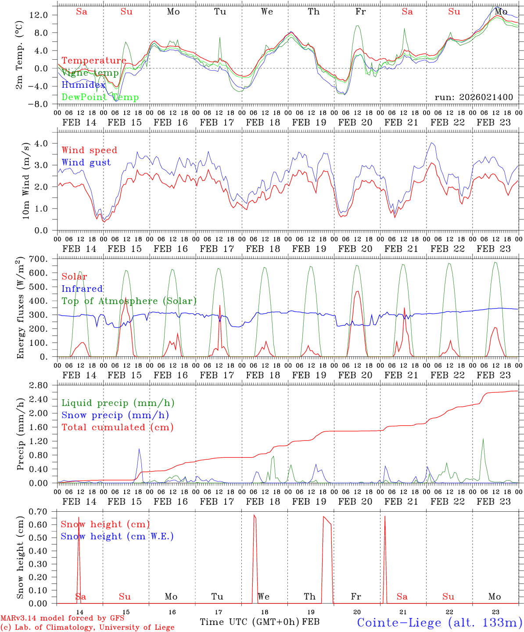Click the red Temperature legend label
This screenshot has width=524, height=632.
tap(94, 61)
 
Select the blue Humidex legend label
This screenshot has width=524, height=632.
tap(83, 85)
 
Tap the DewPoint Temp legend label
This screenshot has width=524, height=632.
tap(100, 97)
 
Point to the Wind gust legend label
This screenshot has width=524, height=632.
tap(86, 162)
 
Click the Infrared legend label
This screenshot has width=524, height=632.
tap(82, 289)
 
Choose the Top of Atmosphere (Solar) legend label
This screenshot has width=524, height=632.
tap(129, 301)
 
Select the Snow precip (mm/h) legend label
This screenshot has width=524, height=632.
tap(115, 415)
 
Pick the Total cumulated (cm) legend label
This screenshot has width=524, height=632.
tap(117, 427)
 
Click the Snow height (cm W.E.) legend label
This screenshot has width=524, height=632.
tap(117, 536)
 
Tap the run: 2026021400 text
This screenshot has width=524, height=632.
tap(474, 97)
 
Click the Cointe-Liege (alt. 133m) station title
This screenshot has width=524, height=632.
tap(439, 622)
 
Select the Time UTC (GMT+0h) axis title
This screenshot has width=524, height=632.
tap(250, 622)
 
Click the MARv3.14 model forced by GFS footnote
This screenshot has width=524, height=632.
tap(62, 618)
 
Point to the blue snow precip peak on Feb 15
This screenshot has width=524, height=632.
tap(139, 449)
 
